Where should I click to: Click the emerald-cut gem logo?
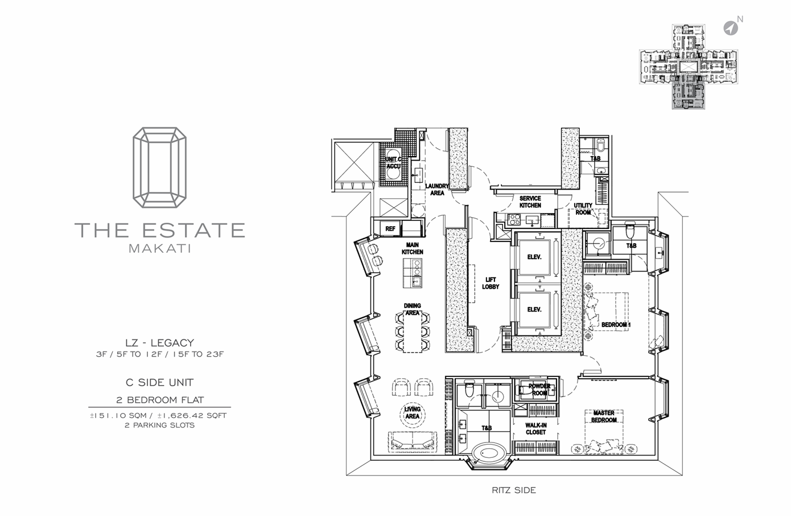159,167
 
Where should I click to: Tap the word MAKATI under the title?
159,248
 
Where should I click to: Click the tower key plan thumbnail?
688,67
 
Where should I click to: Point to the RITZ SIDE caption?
514,490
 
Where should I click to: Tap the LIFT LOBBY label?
491,283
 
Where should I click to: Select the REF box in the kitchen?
390,228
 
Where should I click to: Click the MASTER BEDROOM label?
604,416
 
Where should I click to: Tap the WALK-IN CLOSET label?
535,429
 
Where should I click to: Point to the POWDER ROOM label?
539,390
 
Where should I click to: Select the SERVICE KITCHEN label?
530,202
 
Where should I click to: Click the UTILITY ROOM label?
583,209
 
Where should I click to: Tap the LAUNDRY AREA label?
437,190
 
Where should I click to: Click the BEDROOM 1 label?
616,325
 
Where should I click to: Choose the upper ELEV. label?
534,257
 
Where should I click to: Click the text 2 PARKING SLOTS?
159,425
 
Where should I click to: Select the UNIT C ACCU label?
393,162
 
